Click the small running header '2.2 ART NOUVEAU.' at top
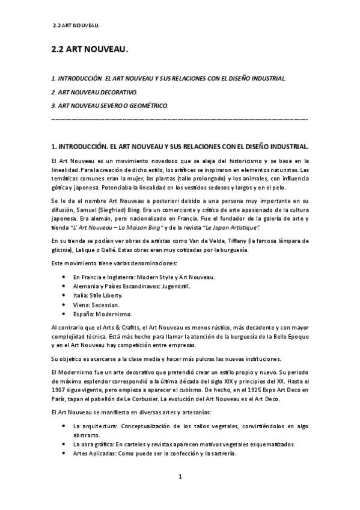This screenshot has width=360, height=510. coord(76,25)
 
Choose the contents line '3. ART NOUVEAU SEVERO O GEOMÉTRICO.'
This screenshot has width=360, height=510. coord(111,106)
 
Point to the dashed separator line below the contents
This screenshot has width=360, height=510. coord(180,119)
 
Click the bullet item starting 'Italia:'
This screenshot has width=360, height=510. coord(97,295)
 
